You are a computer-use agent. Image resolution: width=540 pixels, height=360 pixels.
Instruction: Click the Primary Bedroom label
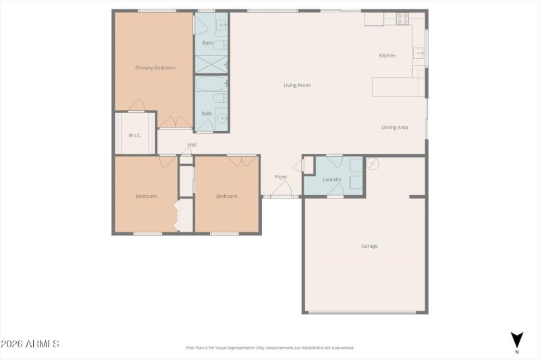point(155,68)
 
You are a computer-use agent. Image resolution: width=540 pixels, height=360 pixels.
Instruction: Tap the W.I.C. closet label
point(134,136)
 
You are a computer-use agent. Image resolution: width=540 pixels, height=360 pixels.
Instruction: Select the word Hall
point(192,145)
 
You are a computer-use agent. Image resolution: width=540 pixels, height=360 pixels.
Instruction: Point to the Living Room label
point(297,85)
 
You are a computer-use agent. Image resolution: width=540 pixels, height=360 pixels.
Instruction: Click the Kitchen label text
point(387,55)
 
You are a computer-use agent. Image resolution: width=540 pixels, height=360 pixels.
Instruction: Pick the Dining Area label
point(395,127)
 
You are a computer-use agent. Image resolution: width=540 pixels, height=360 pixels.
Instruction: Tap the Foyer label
point(281,177)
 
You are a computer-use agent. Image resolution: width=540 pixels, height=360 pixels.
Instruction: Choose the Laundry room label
point(331,180)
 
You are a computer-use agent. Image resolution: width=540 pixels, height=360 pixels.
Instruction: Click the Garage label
point(369,246)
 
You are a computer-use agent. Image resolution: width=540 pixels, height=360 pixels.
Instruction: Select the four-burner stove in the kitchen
point(402,19)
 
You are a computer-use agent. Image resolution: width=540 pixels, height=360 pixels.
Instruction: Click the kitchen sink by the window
point(419,53)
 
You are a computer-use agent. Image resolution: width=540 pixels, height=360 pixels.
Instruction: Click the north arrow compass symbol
point(516,340)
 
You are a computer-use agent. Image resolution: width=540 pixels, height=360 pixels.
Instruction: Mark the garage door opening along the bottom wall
point(366,312)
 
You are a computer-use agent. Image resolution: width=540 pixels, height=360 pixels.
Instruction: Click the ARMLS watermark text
point(30,344)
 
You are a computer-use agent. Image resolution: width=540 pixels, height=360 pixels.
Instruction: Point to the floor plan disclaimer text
point(269,348)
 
